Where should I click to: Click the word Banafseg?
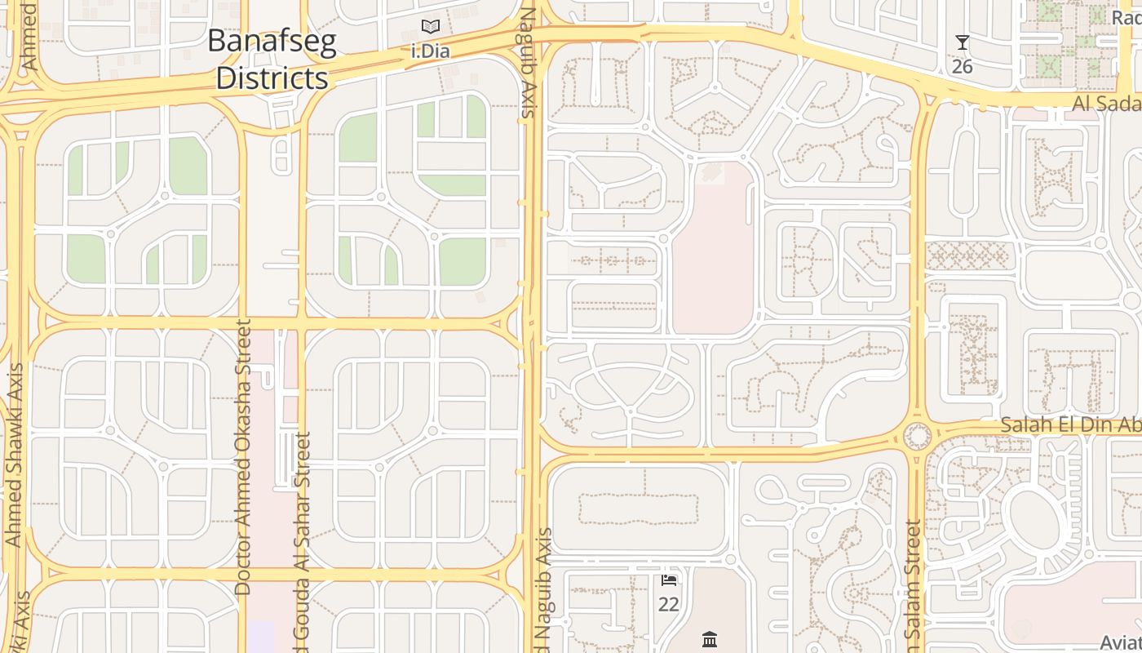click(x=272, y=42)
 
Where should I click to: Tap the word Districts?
click(x=272, y=78)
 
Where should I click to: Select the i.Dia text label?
click(x=430, y=51)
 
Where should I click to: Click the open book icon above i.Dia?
click(x=431, y=27)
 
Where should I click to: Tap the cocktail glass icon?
click(x=963, y=42)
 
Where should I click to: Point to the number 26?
click(x=963, y=66)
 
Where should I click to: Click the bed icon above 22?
click(x=669, y=580)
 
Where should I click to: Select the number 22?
click(x=669, y=605)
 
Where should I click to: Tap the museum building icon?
click(x=709, y=639)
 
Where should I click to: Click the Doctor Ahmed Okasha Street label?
click(x=242, y=457)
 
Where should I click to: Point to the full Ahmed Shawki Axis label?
click(x=13, y=455)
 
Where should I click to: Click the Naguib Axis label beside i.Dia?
click(x=528, y=64)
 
